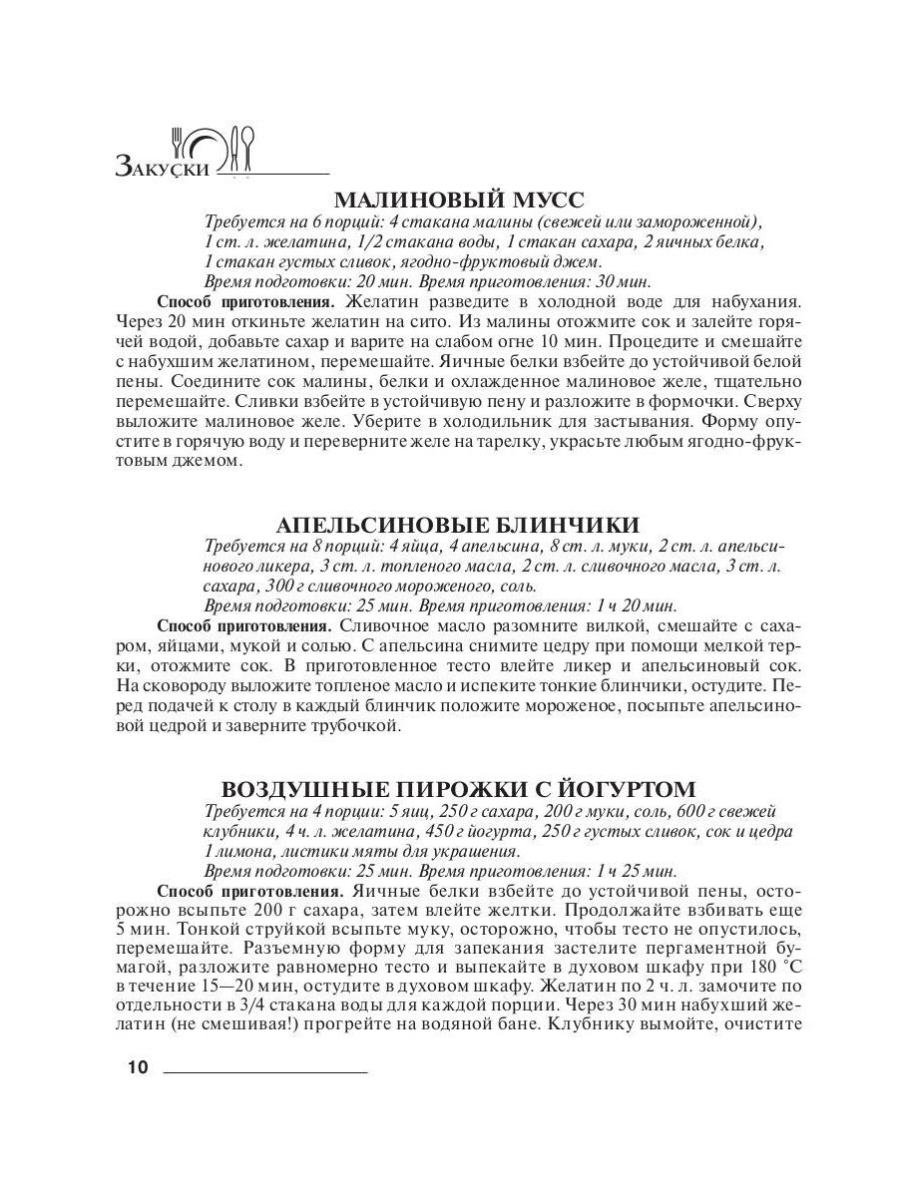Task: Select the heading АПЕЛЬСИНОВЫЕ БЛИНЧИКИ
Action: (x=458, y=525)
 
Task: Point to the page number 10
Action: (x=138, y=1068)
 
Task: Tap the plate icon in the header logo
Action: (x=208, y=150)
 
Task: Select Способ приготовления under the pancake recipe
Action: (x=244, y=625)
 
